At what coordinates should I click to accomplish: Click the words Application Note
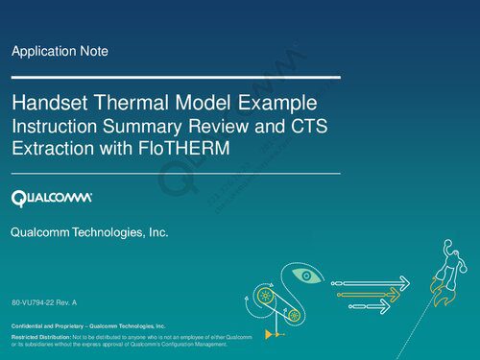coord(60,51)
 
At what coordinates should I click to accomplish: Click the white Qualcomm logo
coord(52,199)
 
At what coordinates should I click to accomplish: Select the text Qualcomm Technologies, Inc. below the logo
coord(89,232)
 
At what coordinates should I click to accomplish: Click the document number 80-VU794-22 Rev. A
coord(44,303)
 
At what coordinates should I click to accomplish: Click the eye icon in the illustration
coord(304,277)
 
